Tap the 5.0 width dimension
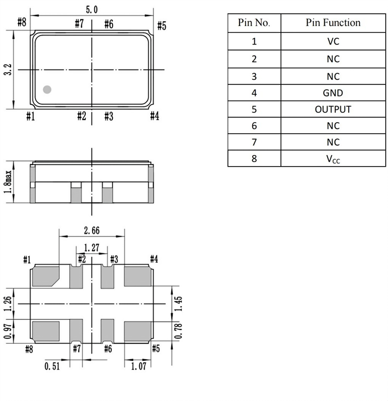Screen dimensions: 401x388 coord(92,9)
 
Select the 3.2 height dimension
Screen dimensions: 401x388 coord(7,69)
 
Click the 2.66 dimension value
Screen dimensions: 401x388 coord(91,231)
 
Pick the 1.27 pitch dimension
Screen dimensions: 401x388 coord(91,248)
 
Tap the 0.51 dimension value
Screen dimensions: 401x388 coord(53,365)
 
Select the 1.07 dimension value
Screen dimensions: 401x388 coord(139,365)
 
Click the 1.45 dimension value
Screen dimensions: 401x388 coord(178,303)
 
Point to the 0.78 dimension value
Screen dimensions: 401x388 coord(178,332)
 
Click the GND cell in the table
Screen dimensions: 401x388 coord(333,93)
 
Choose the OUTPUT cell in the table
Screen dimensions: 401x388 coord(333,109)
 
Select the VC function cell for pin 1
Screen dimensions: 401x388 coord(333,41)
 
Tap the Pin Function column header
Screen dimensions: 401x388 coord(333,23)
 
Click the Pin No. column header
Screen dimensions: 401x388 coord(254,23)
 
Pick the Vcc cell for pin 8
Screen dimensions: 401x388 coord(333,158)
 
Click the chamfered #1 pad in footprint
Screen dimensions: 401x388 coord(45,276)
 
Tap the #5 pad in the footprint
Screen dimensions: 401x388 coord(137,331)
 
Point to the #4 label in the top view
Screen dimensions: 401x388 coord(155,116)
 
